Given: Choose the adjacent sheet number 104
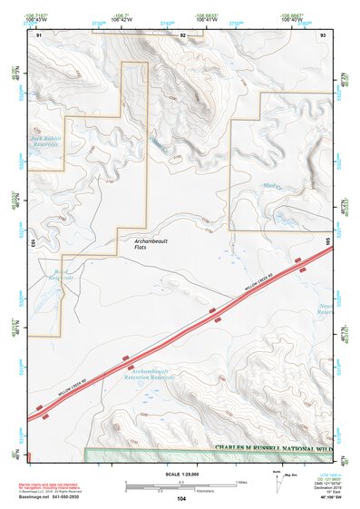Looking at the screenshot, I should [181, 499].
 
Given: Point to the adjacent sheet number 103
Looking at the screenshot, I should [33, 243].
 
